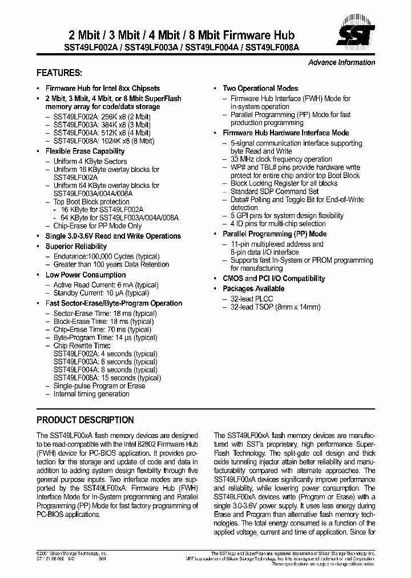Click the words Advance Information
click(x=341, y=63)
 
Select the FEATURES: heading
click(x=59, y=74)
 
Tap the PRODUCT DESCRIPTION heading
click(x=85, y=420)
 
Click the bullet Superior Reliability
click(x=76, y=246)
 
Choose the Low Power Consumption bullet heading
click(x=86, y=275)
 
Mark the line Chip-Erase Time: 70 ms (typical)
click(x=102, y=330)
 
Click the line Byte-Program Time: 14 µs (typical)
click(x=105, y=338)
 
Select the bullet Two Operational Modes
click(x=260, y=89)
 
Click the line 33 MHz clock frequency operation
click(x=281, y=159)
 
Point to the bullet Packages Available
click(x=253, y=289)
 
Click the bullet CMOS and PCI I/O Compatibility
click(x=274, y=279)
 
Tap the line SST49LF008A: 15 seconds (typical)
click(x=107, y=378)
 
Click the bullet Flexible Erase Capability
click(x=85, y=151)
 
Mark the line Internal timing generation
click(x=91, y=394)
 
